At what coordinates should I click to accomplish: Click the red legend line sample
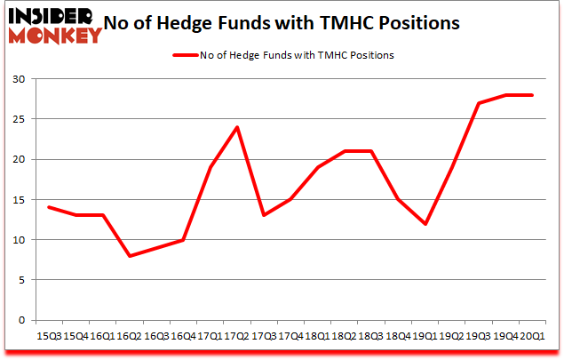pyautogui.click(x=189, y=55)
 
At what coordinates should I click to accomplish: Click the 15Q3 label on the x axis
pyautogui.click(x=49, y=337)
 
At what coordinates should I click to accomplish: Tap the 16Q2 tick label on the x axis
pyautogui.click(x=130, y=337)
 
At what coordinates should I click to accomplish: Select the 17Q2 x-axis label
pyautogui.click(x=237, y=337)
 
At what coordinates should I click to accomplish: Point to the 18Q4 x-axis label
pyautogui.click(x=399, y=337)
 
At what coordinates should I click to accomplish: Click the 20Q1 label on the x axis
pyautogui.click(x=533, y=337)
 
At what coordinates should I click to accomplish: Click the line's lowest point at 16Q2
pyautogui.click(x=131, y=256)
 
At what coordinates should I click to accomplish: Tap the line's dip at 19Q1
pyautogui.click(x=425, y=224)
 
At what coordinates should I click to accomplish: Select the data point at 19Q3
pyautogui.click(x=480, y=103)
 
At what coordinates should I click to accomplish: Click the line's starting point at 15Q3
pyautogui.click(x=50, y=207)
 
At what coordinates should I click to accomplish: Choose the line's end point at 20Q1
pyautogui.click(x=533, y=95)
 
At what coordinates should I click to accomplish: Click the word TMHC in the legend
pyautogui.click(x=332, y=55)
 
